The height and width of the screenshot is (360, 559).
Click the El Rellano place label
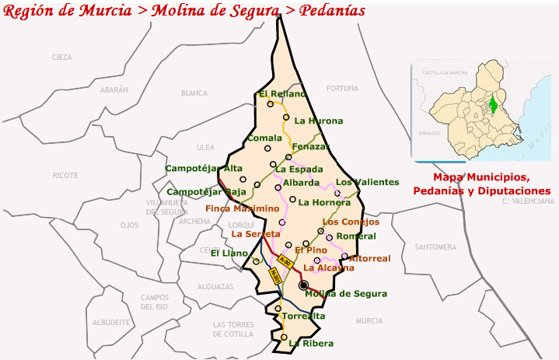(276, 95)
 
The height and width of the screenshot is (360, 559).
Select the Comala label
(264, 138)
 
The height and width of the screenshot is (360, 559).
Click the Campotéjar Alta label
(204, 168)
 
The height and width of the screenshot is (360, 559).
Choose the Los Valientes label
(367, 182)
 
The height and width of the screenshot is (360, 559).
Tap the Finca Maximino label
(242, 208)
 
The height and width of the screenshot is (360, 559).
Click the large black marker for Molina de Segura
(304, 285)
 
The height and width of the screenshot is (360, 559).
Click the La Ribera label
(311, 343)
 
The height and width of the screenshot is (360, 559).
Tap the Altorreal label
(369, 258)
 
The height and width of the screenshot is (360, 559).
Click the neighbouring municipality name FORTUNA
(342, 89)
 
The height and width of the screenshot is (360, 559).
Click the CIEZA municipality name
(61, 58)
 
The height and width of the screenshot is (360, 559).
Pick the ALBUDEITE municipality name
(110, 322)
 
